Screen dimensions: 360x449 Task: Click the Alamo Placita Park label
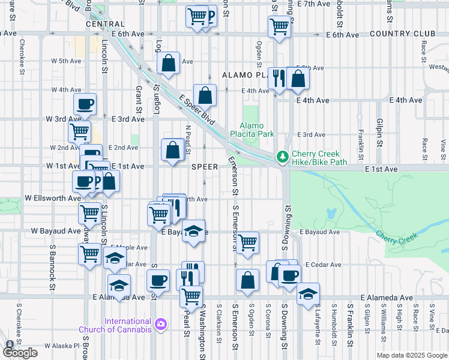pos(256,130)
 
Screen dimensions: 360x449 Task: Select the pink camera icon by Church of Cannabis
pos(160,325)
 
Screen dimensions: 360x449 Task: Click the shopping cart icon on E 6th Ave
pos(279,26)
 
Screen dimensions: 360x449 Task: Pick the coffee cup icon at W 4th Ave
pos(85,104)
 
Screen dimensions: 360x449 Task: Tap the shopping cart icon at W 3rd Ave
pos(79,131)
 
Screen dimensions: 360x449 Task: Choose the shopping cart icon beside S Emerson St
pos(247,242)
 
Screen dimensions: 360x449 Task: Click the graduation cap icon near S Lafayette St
pos(308,293)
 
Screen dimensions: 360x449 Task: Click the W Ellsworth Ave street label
pos(53,198)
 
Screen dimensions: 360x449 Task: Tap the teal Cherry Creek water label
pos(396,238)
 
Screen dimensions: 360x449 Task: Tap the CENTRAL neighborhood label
pos(105,25)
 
